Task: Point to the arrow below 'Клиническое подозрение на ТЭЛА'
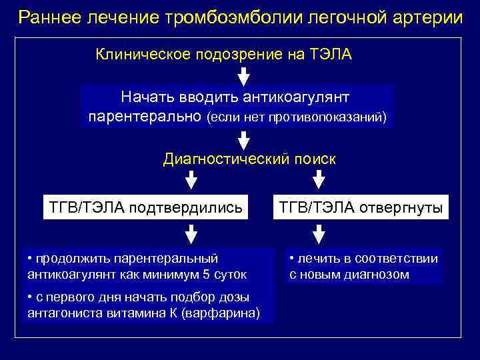coord(244,76)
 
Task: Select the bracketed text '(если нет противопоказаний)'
coord(297,117)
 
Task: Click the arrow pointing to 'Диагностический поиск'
coord(244,139)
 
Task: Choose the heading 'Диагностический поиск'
coord(250,159)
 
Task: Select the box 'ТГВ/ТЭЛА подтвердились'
coord(142,207)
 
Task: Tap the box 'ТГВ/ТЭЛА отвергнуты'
coord(361,207)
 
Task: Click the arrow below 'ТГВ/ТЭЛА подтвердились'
coord(191,233)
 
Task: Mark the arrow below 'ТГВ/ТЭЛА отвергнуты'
coord(319,233)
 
